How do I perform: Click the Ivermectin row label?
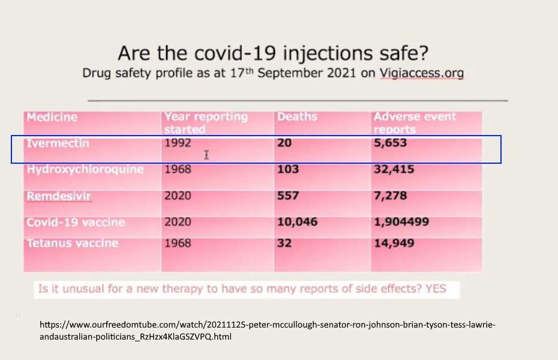click(58, 143)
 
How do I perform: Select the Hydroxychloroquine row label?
click(85, 169)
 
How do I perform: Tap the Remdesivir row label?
click(59, 196)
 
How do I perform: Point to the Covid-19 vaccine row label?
click(76, 222)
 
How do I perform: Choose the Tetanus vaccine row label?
click(72, 243)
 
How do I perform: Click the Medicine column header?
click(52, 117)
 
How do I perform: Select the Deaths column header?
click(297, 116)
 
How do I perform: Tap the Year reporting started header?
click(206, 122)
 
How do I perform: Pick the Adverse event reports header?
click(415, 122)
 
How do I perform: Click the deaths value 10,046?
click(297, 222)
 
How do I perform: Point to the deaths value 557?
click(288, 196)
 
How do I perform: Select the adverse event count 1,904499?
click(401, 222)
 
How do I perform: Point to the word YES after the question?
click(436, 289)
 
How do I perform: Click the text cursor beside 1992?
click(206, 155)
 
